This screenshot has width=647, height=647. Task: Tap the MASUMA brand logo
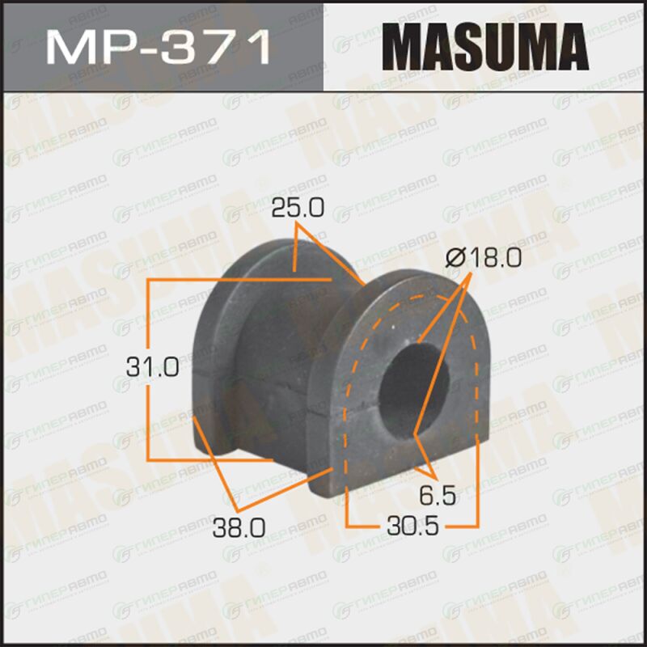click(x=485, y=47)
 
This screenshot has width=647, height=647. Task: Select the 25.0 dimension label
click(x=298, y=208)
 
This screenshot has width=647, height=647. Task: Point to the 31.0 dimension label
click(x=153, y=367)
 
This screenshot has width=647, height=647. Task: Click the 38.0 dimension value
click(x=239, y=528)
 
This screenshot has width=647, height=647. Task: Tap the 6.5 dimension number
click(x=438, y=495)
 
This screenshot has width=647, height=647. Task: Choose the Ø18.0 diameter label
click(x=484, y=258)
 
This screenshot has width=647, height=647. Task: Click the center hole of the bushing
click(x=412, y=391)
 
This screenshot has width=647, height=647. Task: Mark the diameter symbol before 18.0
click(x=456, y=258)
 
